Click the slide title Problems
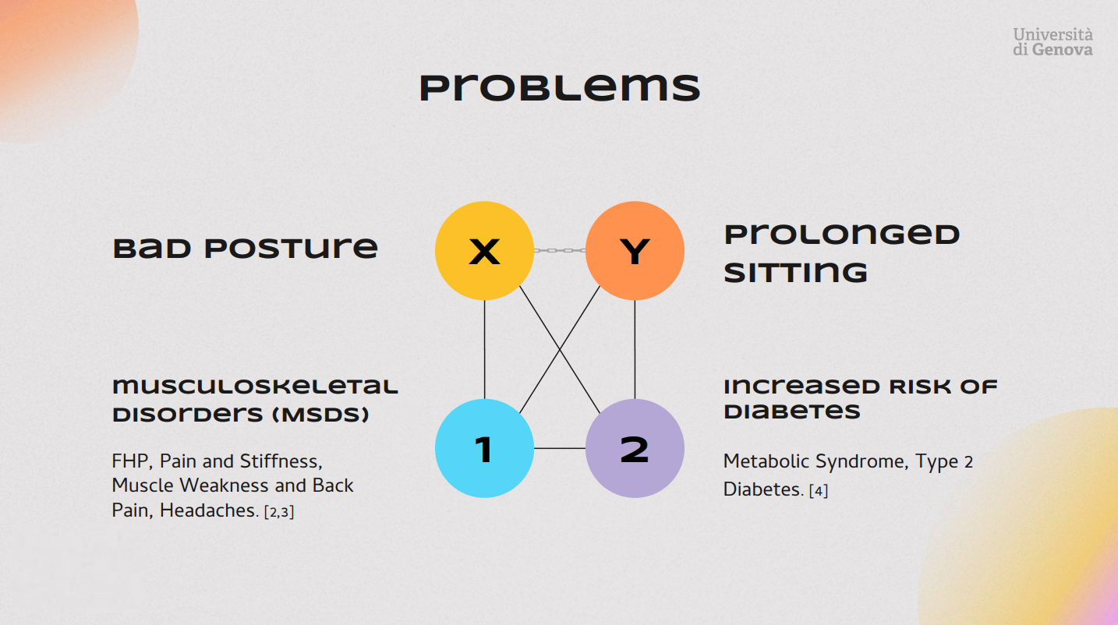pyautogui.click(x=559, y=87)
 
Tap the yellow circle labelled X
pyautogui.click(x=484, y=251)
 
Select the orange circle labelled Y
pyautogui.click(x=635, y=251)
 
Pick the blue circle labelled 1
pyautogui.click(x=484, y=448)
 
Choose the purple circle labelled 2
pyautogui.click(x=635, y=448)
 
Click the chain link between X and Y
pyautogui.click(x=559, y=251)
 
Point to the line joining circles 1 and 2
pyautogui.click(x=559, y=448)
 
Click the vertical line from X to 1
pyautogui.click(x=485, y=349)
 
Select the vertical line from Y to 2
pyautogui.click(x=635, y=349)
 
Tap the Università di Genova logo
pyautogui.click(x=1053, y=41)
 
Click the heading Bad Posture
pyautogui.click(x=246, y=249)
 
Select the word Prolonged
pyautogui.click(x=842, y=235)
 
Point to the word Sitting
pyautogui.click(x=795, y=272)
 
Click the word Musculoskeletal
pyautogui.click(x=255, y=387)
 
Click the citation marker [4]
pyautogui.click(x=818, y=491)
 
